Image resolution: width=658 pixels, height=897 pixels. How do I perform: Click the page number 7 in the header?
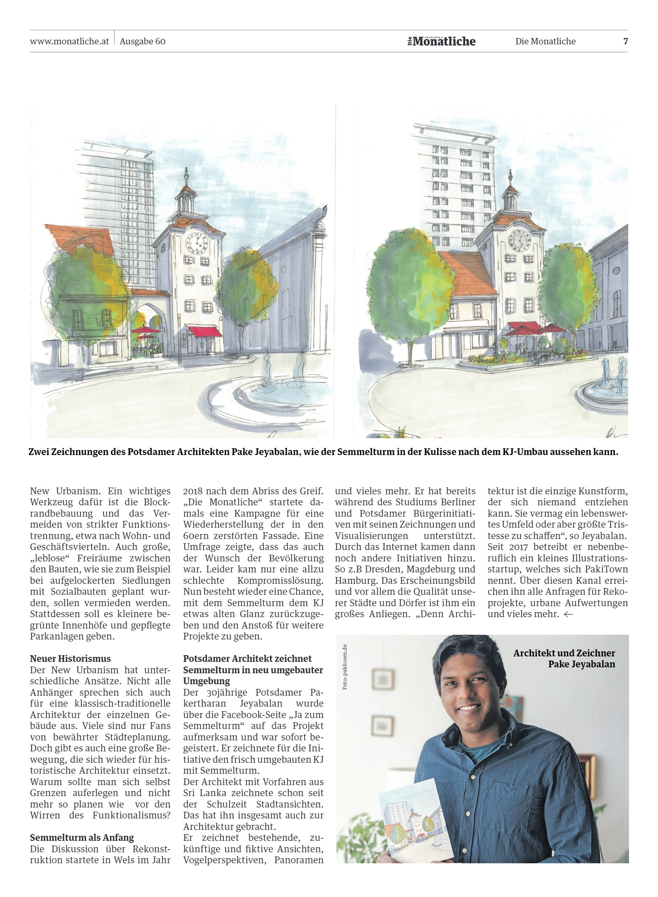[x=625, y=41]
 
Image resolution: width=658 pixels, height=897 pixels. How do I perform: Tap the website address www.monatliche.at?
[x=70, y=41]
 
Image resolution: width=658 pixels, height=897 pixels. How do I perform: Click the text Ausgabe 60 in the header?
[x=142, y=41]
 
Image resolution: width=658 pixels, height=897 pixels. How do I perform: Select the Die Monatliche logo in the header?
[x=441, y=41]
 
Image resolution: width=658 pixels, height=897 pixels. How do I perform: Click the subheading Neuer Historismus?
[x=70, y=659]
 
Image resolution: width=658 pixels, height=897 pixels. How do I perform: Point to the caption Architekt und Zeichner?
[x=564, y=653]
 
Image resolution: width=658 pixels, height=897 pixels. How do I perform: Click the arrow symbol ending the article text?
[x=568, y=614]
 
